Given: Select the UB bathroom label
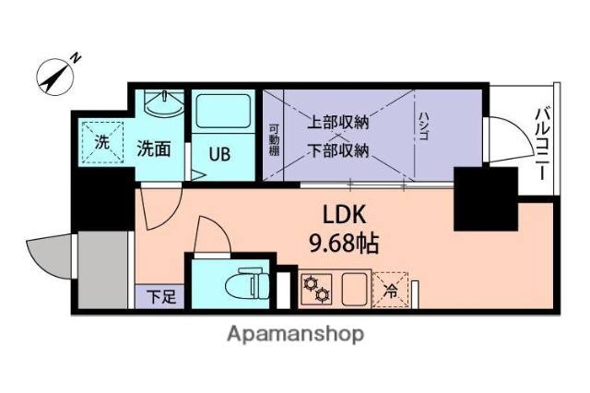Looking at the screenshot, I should pos(218,153).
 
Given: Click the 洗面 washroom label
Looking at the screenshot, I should pos(154,148).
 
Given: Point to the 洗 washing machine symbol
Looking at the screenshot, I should pos(101,143).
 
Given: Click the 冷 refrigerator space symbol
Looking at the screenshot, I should pos(391,290).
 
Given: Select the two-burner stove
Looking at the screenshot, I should pos(318,290).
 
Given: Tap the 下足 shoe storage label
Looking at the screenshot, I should pos(161,297).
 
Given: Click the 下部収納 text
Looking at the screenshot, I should pos(338,149).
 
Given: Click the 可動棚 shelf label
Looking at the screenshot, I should pos(273,140).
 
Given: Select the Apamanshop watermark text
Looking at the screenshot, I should pos(295,334).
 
